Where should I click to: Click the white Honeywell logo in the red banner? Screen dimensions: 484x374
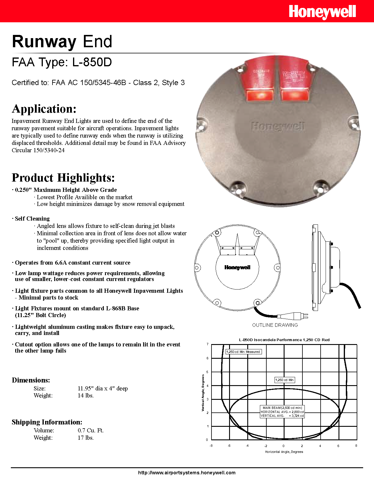pyautogui.click(x=322, y=12)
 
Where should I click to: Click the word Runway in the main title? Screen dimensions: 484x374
pyautogui.click(x=44, y=41)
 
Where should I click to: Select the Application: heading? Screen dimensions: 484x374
pyautogui.click(x=44, y=109)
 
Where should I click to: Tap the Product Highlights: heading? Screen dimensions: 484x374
pyautogui.click(x=63, y=178)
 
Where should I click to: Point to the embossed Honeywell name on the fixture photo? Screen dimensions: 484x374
pyautogui.click(x=278, y=126)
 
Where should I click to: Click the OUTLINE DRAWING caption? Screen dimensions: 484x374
pyautogui.click(x=275, y=325)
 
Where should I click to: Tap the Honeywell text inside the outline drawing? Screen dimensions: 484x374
pyautogui.click(x=237, y=267)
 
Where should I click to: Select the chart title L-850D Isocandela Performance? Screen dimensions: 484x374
pyautogui.click(x=284, y=340)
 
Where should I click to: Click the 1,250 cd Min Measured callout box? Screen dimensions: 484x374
pyautogui.click(x=243, y=352)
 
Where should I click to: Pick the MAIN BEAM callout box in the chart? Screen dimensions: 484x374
pyautogui.click(x=282, y=412)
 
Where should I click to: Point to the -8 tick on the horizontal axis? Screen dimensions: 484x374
pyautogui.click(x=211, y=446)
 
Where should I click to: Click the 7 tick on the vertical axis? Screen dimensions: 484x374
pyautogui.click(x=207, y=344)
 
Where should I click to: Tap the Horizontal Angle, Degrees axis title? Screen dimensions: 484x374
pyautogui.click(x=284, y=452)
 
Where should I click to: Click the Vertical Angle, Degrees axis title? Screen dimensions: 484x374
pyautogui.click(x=203, y=393)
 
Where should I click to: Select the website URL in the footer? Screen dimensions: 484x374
pyautogui.click(x=187, y=473)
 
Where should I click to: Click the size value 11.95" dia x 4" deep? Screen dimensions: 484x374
pyautogui.click(x=103, y=388)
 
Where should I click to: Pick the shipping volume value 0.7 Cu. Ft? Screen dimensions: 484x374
pyautogui.click(x=91, y=430)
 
